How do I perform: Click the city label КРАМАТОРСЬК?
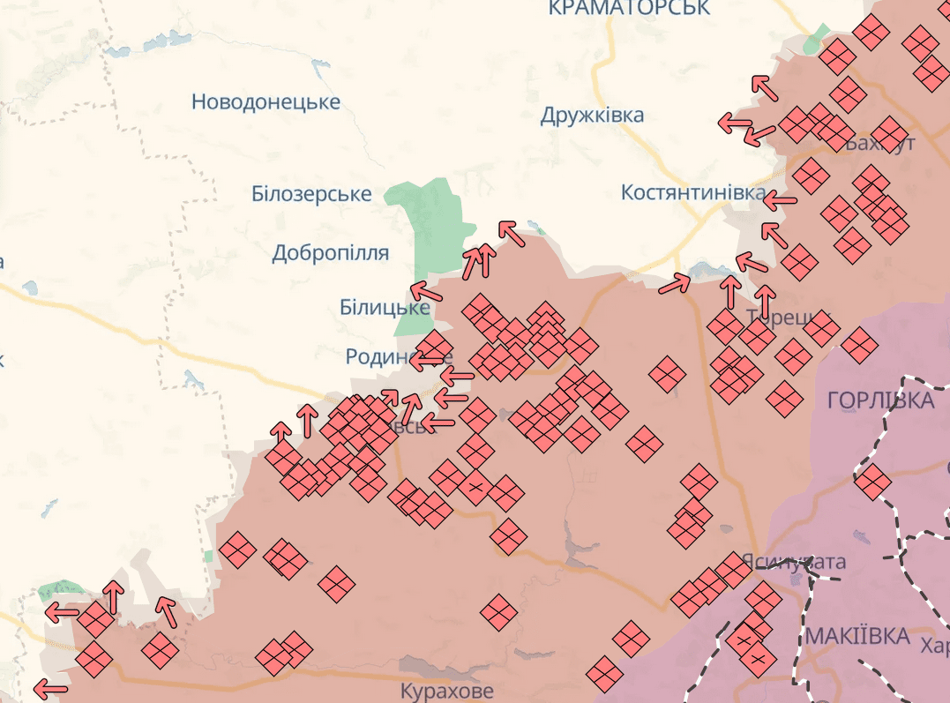point(628,9)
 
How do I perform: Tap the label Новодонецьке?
point(266,102)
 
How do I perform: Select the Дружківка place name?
point(592,116)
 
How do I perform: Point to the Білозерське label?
point(311,194)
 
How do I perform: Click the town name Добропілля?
point(330,254)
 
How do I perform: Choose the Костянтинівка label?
point(693,192)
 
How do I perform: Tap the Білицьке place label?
point(385,308)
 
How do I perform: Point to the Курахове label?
point(446,691)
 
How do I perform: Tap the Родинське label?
point(388,356)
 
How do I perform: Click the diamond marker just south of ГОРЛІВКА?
point(872,482)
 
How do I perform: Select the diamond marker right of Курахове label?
point(605,674)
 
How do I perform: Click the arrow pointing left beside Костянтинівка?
point(779,201)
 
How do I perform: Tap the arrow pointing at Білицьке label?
point(425,291)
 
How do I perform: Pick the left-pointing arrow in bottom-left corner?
point(50,688)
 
